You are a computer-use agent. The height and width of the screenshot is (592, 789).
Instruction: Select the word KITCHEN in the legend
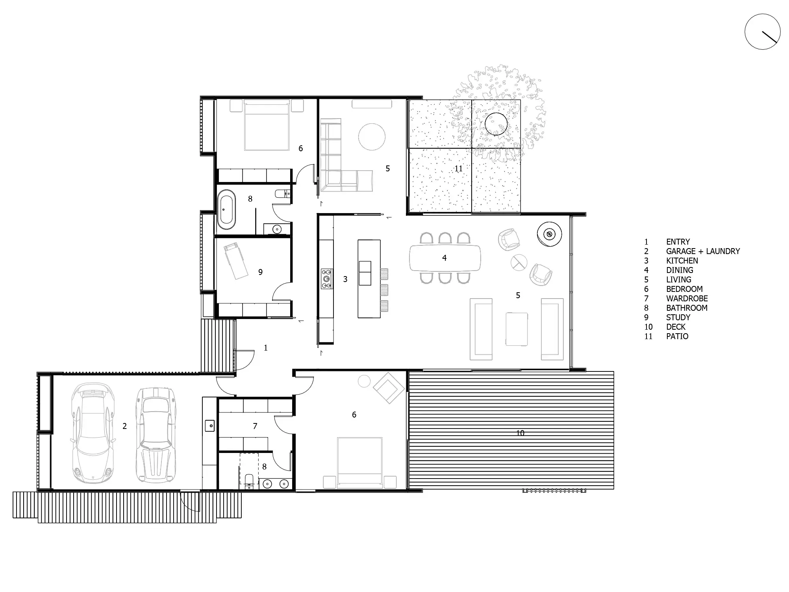click(x=682, y=261)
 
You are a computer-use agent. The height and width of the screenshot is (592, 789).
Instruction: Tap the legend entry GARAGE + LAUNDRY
click(x=703, y=251)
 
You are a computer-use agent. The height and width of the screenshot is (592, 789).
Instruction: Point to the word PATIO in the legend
click(x=677, y=336)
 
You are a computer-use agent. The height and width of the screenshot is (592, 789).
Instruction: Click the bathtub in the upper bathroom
click(x=226, y=210)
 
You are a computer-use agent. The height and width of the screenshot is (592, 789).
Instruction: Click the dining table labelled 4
click(x=445, y=258)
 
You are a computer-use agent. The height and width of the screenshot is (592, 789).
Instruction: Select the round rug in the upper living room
click(x=372, y=136)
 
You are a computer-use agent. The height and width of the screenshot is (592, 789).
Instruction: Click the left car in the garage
click(x=93, y=433)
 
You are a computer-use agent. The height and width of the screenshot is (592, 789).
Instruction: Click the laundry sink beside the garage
click(x=209, y=426)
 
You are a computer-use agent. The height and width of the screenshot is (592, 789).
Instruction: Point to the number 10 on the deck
click(x=520, y=433)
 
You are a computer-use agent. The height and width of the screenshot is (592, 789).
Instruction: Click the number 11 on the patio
click(x=458, y=169)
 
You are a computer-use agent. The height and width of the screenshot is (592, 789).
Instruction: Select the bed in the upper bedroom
click(x=267, y=125)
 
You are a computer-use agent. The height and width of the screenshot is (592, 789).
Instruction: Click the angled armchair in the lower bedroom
click(x=389, y=388)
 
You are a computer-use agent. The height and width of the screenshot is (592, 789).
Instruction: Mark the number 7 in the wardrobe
click(x=255, y=426)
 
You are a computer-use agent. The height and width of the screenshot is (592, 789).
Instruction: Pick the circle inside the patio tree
click(x=496, y=124)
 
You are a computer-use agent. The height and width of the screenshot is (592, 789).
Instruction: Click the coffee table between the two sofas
click(x=517, y=329)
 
